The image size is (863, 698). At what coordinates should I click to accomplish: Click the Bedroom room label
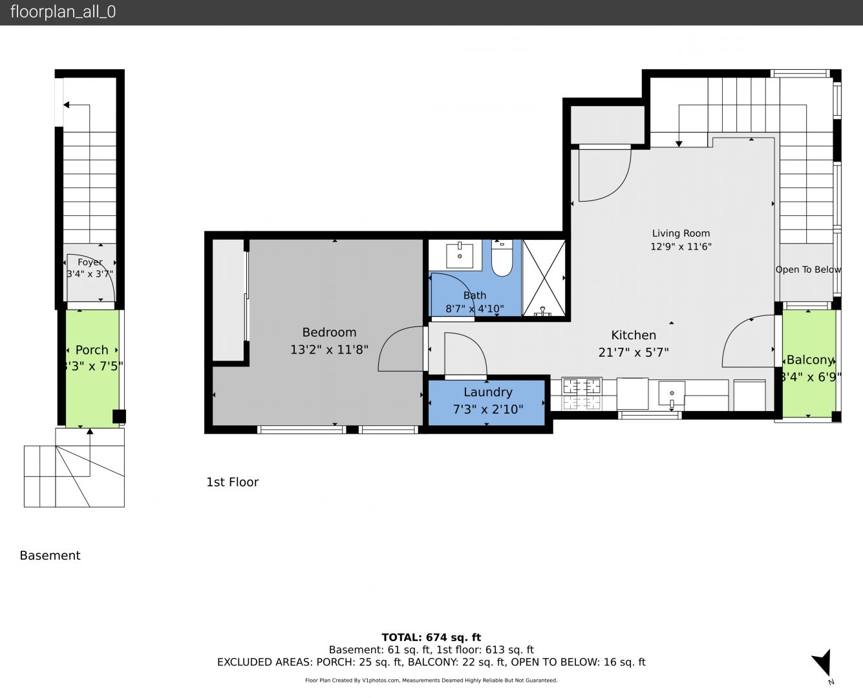click(329, 332)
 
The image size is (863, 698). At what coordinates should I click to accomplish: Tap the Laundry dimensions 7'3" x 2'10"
click(488, 409)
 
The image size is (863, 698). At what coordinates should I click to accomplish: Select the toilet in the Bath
click(502, 258)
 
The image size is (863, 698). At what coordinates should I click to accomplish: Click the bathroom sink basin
click(460, 255)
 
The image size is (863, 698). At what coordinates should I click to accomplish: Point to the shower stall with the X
click(544, 278)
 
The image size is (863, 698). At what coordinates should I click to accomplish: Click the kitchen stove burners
click(581, 394)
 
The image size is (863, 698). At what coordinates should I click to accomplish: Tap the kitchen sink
click(672, 394)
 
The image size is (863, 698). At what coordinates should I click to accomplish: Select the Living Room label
click(681, 233)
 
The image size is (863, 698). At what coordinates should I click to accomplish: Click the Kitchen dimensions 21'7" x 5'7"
click(634, 352)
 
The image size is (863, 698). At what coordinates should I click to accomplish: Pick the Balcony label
click(810, 360)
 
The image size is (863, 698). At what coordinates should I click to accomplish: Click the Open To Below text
click(808, 270)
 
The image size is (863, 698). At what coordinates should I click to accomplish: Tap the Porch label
click(92, 350)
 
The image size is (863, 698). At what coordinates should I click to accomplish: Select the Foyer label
click(90, 262)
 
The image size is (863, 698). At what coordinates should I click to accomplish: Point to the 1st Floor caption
click(232, 482)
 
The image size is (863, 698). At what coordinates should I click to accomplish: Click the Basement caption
click(50, 555)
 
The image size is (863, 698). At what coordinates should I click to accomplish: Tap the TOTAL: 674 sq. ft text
click(431, 637)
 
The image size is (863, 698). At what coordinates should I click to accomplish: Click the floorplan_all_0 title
click(63, 12)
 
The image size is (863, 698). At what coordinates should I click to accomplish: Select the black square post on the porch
click(119, 416)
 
